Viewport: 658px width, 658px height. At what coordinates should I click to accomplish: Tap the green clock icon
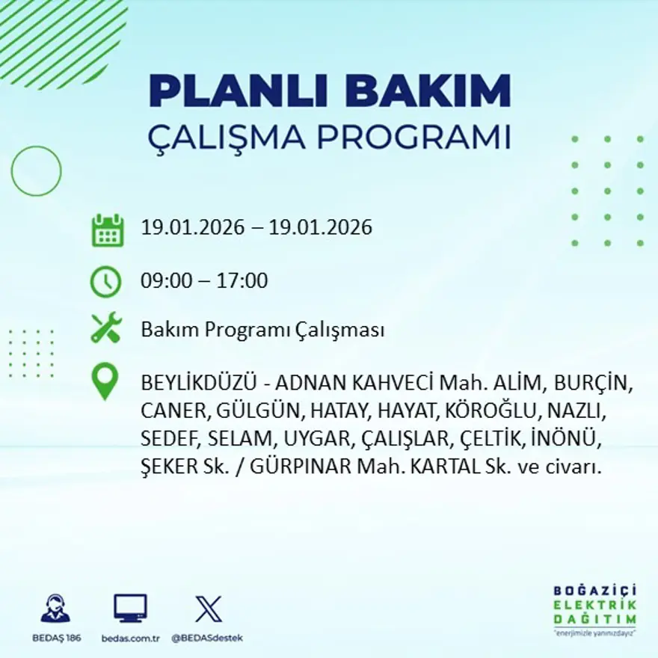[105, 282]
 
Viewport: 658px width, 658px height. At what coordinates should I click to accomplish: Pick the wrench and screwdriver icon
[106, 329]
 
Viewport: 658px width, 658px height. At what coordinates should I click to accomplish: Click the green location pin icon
[105, 381]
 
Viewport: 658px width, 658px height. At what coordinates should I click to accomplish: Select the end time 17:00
[242, 281]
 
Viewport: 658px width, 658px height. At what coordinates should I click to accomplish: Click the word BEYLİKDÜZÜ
[199, 384]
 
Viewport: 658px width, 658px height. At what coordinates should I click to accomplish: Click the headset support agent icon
[55, 608]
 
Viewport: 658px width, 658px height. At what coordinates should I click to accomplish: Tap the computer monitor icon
[130, 608]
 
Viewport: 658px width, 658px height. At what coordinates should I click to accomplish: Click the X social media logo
[208, 608]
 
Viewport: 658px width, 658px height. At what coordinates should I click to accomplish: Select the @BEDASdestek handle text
[207, 638]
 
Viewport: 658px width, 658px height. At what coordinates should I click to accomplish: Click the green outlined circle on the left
[36, 171]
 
